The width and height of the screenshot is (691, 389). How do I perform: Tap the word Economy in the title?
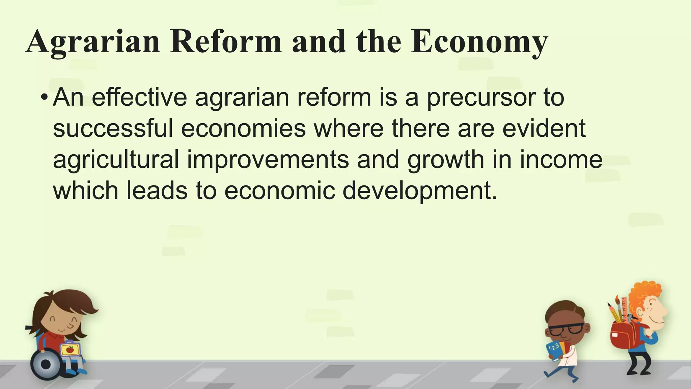click(x=479, y=42)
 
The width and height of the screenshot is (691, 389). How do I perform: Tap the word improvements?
click(x=268, y=159)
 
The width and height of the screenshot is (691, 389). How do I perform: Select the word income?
click(x=561, y=159)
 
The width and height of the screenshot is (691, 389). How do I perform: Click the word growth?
click(x=446, y=159)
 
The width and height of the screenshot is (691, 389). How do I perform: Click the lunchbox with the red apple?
click(x=70, y=349)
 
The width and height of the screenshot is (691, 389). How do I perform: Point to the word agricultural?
click(x=116, y=159)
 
